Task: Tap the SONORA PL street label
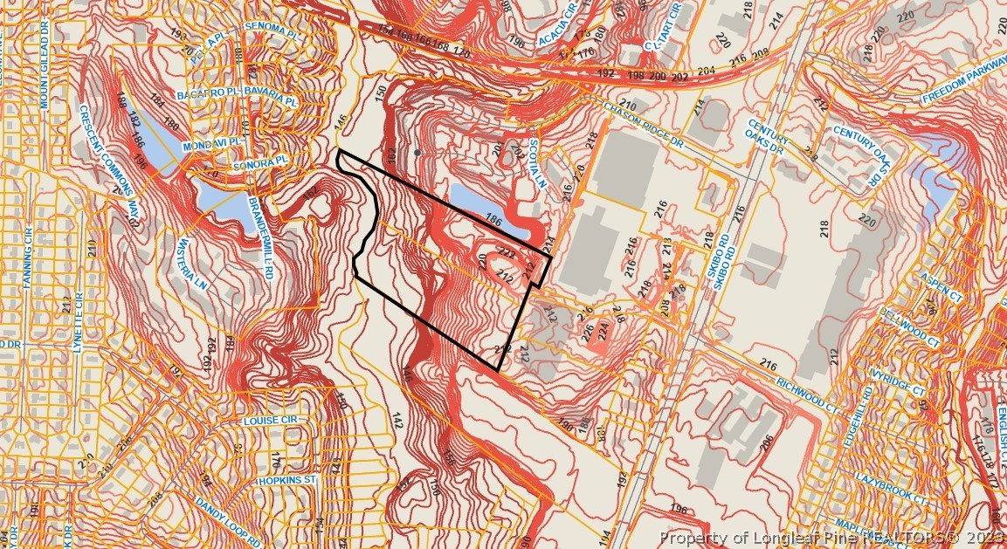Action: [259, 163]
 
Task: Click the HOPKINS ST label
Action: [286, 480]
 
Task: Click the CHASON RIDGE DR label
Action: [642, 127]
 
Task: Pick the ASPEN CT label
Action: [940, 288]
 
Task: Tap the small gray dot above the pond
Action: [418, 153]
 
